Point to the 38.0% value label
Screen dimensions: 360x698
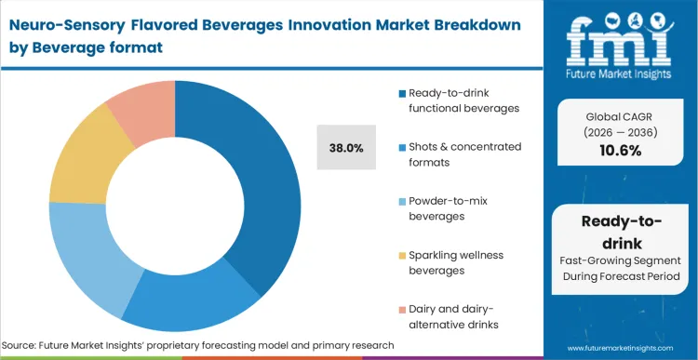[346, 147]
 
